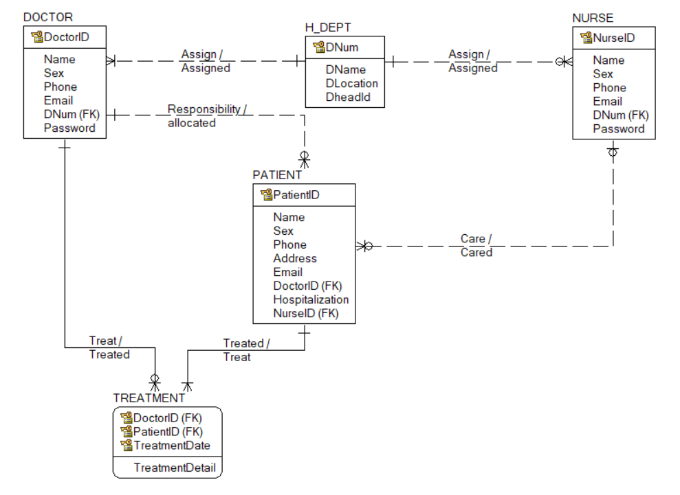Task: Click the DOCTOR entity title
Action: (48, 17)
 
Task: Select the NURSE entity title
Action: (593, 18)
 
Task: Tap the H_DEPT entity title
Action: (328, 27)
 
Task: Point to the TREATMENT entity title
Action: (149, 398)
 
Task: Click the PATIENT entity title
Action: (277, 175)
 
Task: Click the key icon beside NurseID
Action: (586, 38)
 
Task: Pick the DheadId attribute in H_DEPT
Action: (348, 97)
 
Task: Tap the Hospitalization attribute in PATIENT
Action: (311, 299)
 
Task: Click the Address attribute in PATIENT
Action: (295, 258)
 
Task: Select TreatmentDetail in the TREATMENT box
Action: (174, 468)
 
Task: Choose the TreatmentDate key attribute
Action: (172, 445)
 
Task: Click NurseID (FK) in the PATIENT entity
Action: (306, 313)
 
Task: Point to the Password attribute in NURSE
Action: (619, 128)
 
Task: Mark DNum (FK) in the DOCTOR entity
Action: (72, 114)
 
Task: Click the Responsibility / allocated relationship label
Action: (207, 116)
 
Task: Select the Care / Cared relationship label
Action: (476, 246)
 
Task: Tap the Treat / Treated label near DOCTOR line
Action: (109, 348)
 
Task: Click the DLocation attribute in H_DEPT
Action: (351, 84)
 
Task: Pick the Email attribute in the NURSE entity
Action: (607, 101)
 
